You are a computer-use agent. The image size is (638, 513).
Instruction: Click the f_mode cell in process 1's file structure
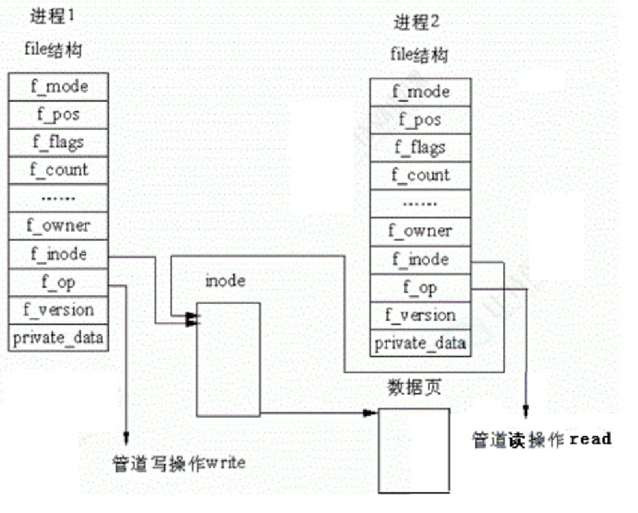click(59, 86)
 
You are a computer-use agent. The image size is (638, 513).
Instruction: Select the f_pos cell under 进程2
click(420, 120)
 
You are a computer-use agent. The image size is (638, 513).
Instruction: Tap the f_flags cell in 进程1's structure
click(59, 142)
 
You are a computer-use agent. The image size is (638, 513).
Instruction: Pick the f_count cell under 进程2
click(420, 175)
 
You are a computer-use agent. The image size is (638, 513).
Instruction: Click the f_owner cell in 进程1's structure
click(59, 225)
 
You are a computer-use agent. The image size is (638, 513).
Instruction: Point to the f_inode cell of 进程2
click(420, 259)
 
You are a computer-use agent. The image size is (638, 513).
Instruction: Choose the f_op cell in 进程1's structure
click(59, 282)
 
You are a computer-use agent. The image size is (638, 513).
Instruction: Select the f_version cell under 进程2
click(420, 315)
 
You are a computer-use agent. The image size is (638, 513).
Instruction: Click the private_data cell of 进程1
click(59, 337)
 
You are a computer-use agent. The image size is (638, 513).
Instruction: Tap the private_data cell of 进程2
click(420, 343)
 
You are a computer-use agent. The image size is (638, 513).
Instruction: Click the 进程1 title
click(52, 17)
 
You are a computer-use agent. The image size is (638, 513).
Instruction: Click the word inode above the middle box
click(225, 280)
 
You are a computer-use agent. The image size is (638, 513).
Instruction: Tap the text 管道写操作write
click(178, 464)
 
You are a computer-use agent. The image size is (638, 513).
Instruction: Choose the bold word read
click(590, 439)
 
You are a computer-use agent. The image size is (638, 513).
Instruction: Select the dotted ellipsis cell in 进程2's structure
click(420, 204)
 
